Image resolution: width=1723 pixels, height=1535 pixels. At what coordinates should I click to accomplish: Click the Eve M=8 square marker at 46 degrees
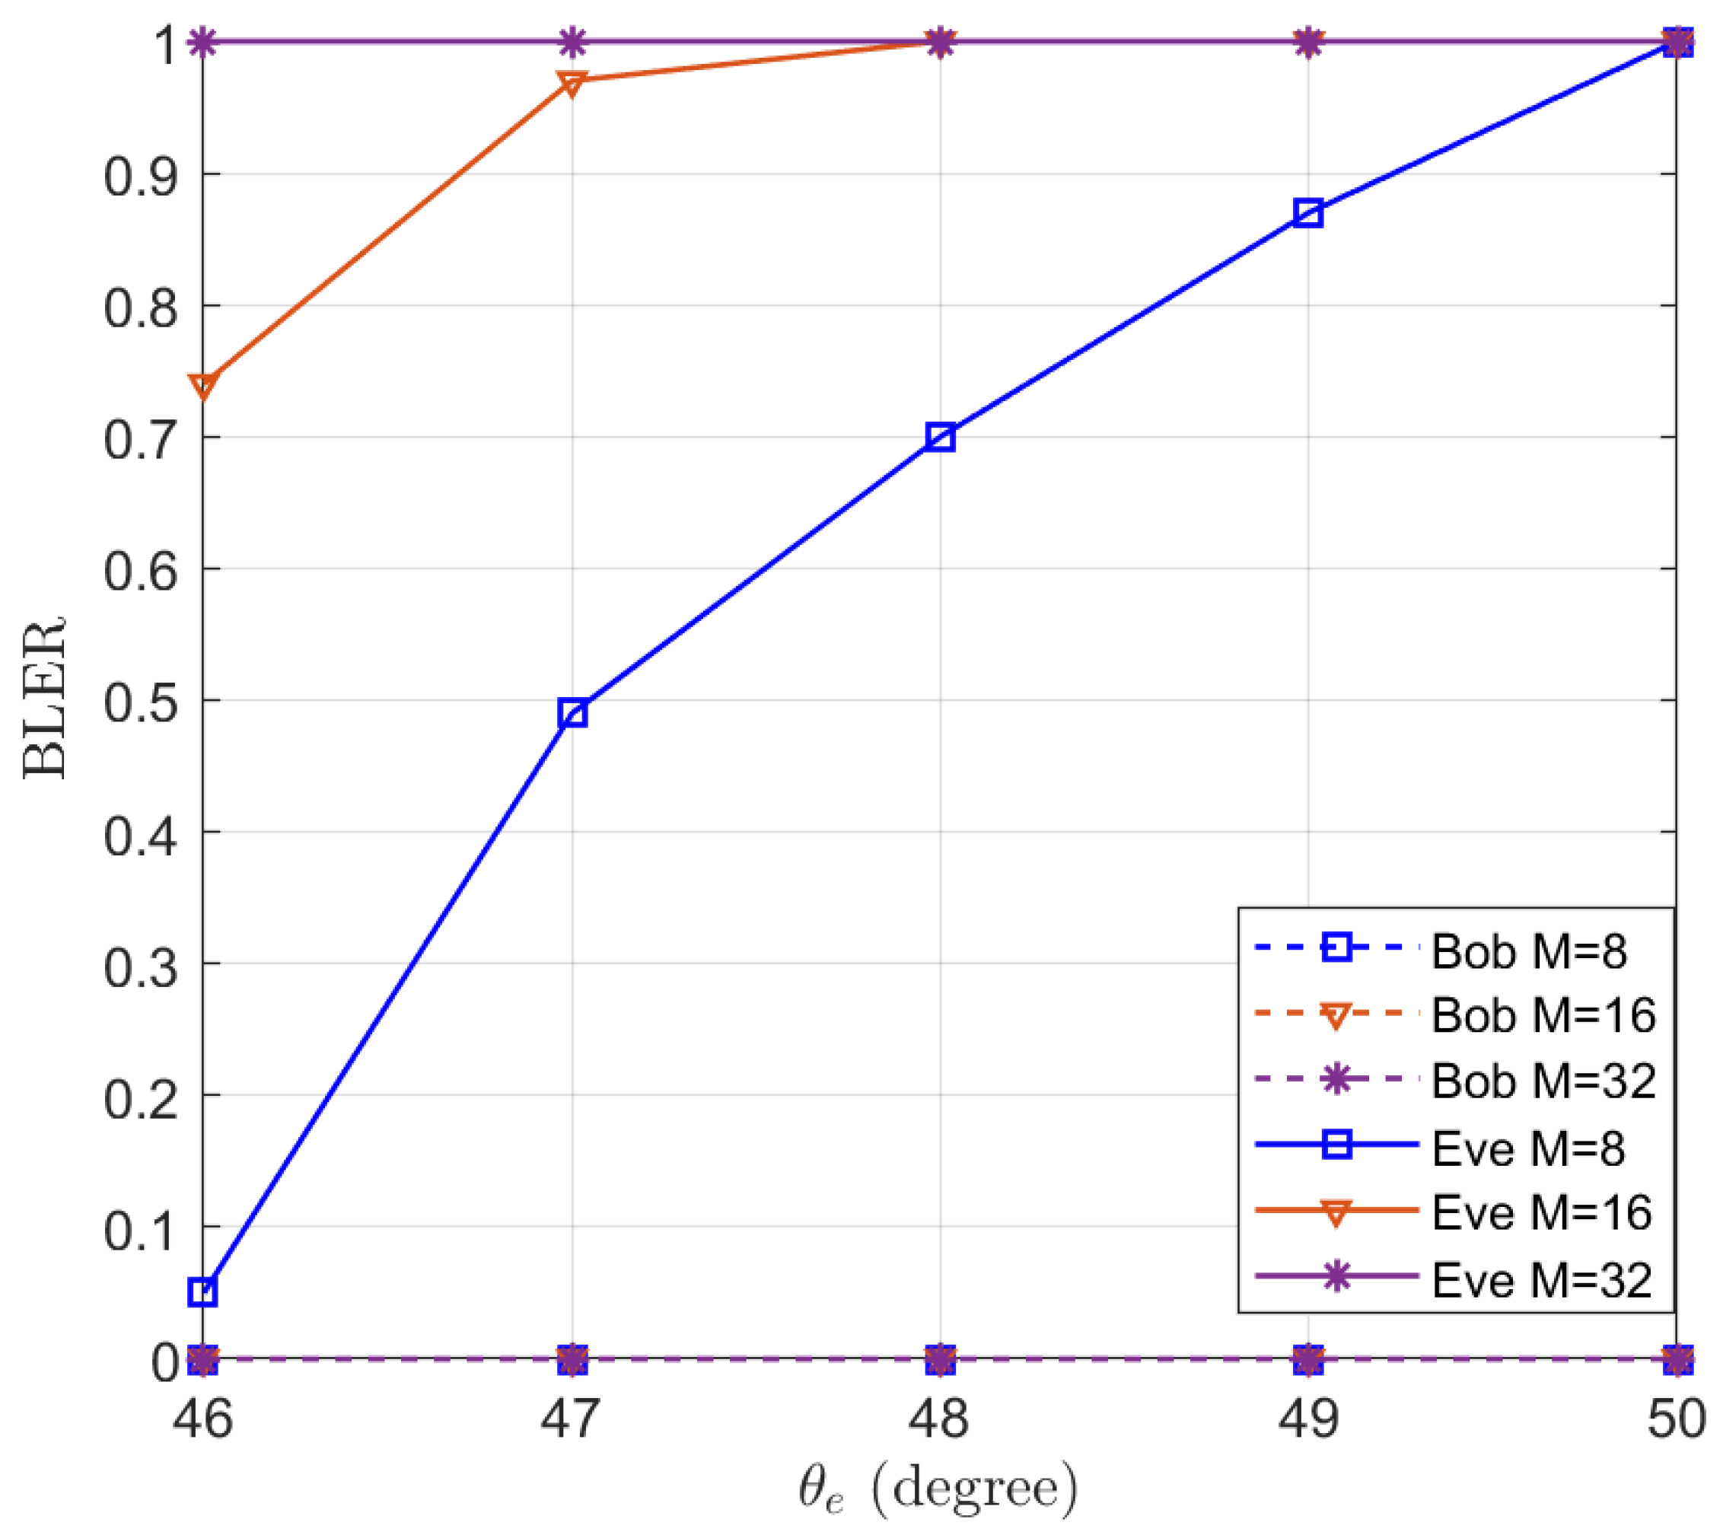pyautogui.click(x=203, y=1292)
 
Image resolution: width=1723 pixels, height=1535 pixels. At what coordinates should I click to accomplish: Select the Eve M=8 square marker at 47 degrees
pyautogui.click(x=572, y=714)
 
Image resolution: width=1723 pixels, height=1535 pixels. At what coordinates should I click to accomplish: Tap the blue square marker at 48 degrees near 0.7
pyautogui.click(x=940, y=438)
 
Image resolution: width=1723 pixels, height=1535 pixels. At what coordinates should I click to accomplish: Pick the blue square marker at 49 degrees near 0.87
pyautogui.click(x=1307, y=213)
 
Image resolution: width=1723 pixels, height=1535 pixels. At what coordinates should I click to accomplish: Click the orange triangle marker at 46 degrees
pyautogui.click(x=203, y=385)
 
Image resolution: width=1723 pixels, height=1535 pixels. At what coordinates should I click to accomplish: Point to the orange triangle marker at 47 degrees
pyautogui.click(x=572, y=84)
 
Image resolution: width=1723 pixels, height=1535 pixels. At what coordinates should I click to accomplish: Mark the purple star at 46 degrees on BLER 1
pyautogui.click(x=203, y=41)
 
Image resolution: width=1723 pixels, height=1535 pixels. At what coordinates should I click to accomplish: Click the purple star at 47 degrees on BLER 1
pyautogui.click(x=572, y=41)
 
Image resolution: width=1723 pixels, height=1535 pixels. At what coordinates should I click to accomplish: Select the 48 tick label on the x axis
pyautogui.click(x=938, y=1419)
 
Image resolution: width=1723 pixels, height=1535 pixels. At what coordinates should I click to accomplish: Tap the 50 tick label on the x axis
pyautogui.click(x=1676, y=1419)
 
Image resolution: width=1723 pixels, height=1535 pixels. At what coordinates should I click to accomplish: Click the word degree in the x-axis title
pyautogui.click(x=974, y=1489)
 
